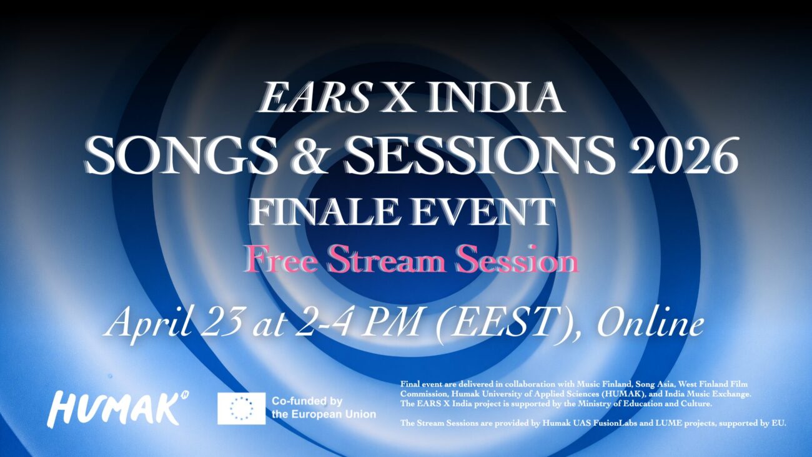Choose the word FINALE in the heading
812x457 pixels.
click(x=312, y=212)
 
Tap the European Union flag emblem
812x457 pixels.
click(x=241, y=408)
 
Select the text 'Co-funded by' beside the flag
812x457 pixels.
click(x=307, y=401)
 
